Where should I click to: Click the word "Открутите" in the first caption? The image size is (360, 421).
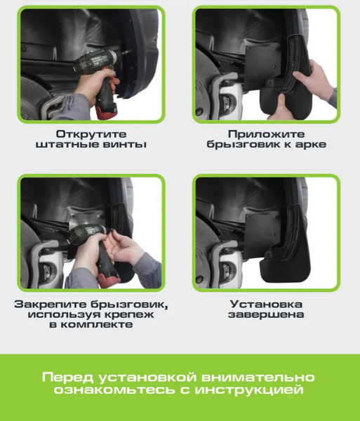click(x=91, y=133)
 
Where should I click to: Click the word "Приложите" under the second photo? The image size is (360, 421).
click(x=266, y=133)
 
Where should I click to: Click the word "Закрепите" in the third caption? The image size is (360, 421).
click(x=50, y=304)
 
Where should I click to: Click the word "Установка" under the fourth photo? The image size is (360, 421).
click(x=266, y=304)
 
